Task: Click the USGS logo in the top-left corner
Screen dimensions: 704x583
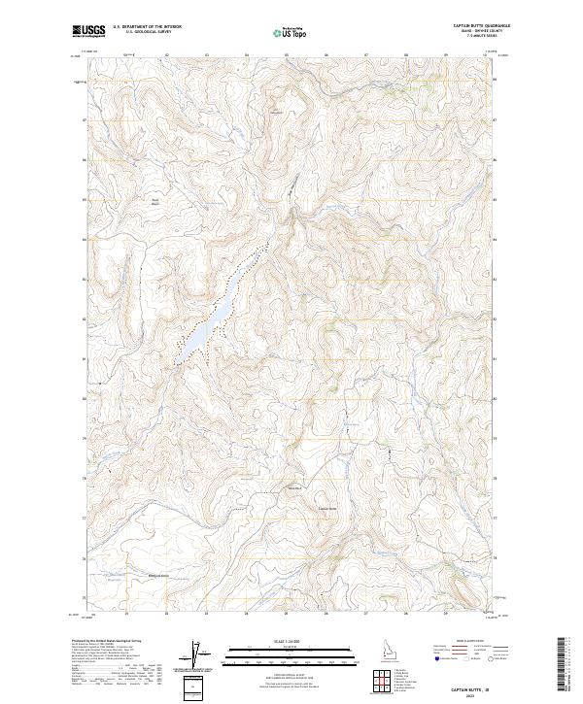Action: [88, 31]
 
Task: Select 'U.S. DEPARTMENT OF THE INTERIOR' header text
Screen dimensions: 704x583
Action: [147, 27]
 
